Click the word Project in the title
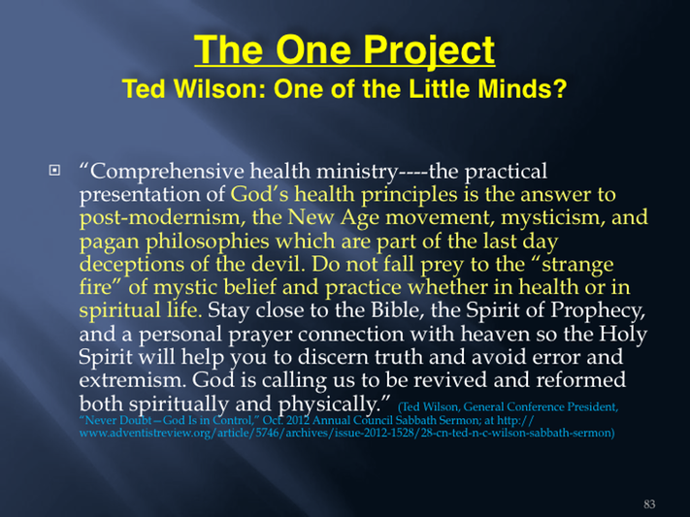[429, 52]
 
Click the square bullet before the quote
[54, 170]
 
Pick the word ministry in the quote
[357, 172]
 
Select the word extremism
[132, 380]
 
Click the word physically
[334, 404]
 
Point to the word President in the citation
[592, 407]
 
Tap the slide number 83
[649, 504]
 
